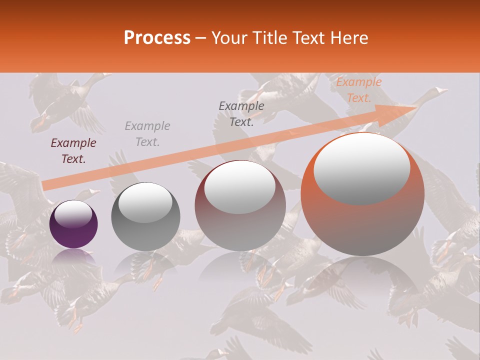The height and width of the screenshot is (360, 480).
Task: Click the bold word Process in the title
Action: pyautogui.click(x=157, y=38)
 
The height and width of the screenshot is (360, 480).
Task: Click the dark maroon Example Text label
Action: pyautogui.click(x=73, y=151)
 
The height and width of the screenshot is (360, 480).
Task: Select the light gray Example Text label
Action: pyautogui.click(x=147, y=134)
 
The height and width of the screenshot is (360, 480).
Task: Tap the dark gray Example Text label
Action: pyautogui.click(x=241, y=113)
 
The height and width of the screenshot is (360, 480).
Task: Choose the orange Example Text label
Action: pyautogui.click(x=358, y=90)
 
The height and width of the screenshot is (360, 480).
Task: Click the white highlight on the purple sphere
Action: pyautogui.click(x=73, y=214)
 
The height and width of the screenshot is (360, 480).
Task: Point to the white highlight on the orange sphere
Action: pyautogui.click(x=361, y=169)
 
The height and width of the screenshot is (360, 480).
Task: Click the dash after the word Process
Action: pyautogui.click(x=201, y=38)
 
